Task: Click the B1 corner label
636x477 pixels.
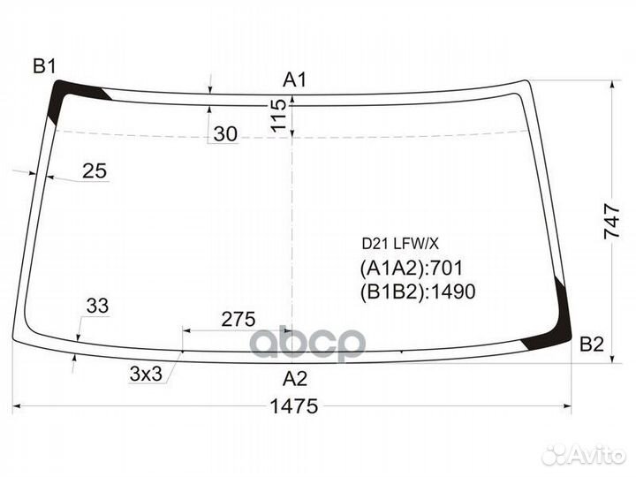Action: tap(44, 66)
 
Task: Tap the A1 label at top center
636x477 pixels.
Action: tap(295, 79)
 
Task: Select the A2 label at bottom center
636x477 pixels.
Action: tap(295, 378)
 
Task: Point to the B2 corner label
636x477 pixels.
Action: tap(592, 344)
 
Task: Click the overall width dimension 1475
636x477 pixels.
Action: tap(294, 405)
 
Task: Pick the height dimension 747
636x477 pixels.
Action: tap(611, 222)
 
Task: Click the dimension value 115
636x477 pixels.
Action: tap(278, 115)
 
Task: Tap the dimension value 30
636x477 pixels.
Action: tap(225, 134)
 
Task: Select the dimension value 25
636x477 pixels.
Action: tap(95, 170)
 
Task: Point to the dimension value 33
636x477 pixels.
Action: tap(97, 306)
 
